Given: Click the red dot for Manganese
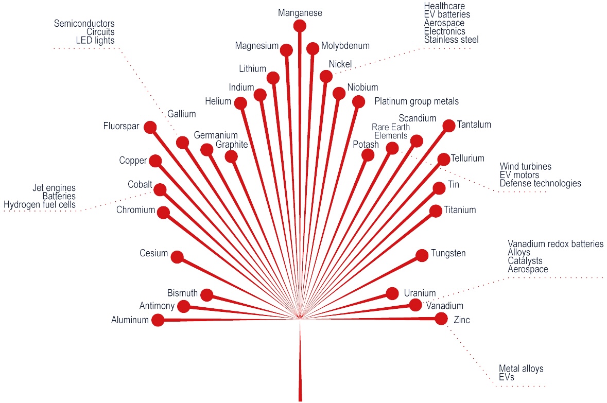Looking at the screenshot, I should tap(300, 26).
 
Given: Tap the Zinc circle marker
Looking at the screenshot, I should tap(441, 319).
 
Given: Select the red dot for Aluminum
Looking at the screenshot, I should tap(158, 320).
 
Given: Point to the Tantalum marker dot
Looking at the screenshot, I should tap(448, 125).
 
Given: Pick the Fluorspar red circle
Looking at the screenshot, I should tap(150, 127).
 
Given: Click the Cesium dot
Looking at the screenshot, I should tap(177, 257).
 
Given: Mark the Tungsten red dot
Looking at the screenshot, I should tap(422, 255).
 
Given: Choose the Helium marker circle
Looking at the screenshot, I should tap(240, 103).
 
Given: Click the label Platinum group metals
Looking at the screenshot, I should tap(416, 101).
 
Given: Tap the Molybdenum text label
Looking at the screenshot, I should tap(345, 46).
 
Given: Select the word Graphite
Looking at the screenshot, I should tap(232, 145).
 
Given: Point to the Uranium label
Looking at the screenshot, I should tap(420, 293).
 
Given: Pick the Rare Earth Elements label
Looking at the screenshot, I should tap(390, 131).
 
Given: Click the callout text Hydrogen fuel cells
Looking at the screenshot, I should tap(40, 205).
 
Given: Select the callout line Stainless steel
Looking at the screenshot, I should tap(451, 40).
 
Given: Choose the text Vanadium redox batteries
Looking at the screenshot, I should tap(555, 244).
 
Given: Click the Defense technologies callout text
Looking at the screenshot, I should tap(540, 183).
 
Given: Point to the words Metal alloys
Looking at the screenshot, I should tap(521, 369).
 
